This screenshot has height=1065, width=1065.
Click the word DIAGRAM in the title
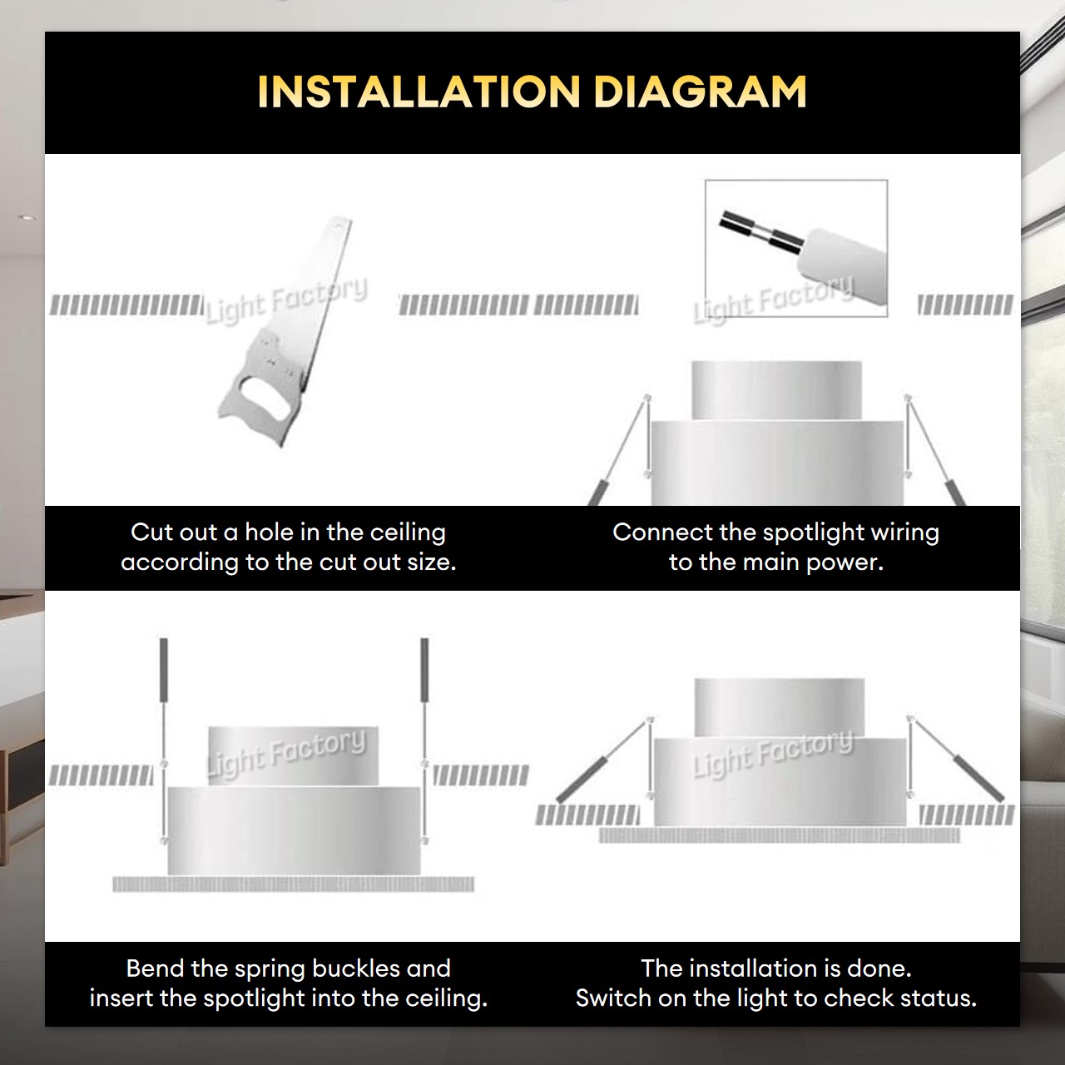700,92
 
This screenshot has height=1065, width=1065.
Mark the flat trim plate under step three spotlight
293,884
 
